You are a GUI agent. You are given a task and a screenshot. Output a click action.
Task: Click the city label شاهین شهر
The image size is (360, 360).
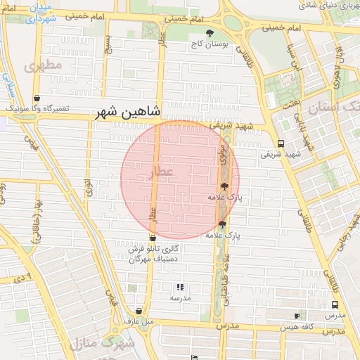pos(130,112)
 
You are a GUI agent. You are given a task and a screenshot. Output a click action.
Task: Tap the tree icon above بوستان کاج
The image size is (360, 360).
pos(209,32)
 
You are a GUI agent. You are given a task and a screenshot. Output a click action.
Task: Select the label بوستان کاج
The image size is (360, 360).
pos(209,44)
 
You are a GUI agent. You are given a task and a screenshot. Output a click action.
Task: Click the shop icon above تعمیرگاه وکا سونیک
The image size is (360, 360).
pos(37,98)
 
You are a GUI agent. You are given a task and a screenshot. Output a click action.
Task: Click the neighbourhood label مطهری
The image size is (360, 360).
pos(43,66)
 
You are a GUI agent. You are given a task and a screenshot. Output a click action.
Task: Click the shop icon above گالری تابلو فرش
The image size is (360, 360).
pos(153,238)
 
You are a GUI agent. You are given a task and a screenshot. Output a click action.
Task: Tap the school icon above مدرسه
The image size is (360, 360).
pos(180,287)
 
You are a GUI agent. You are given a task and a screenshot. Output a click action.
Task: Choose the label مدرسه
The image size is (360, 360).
pos(180,297)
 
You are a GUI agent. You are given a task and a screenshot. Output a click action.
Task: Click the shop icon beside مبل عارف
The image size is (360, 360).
pos(138,311)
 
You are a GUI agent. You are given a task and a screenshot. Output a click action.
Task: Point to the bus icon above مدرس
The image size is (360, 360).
pos(335,305)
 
